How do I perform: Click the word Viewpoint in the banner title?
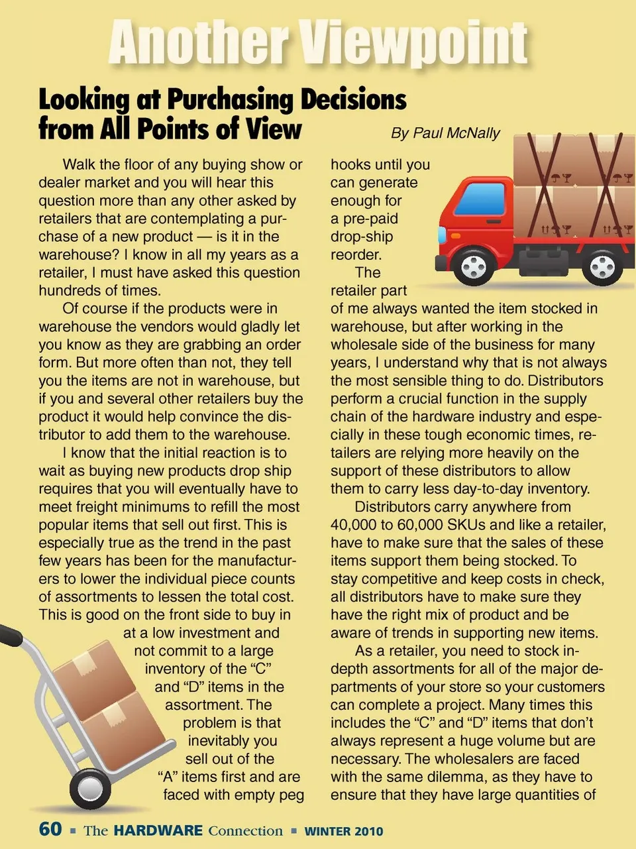coord(415,42)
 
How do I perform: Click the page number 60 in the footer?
coord(50,829)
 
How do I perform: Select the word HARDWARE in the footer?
coord(158,830)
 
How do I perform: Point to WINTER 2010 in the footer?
coord(343,831)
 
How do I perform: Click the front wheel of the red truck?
coord(474,266)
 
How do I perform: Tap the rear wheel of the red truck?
coord(602,266)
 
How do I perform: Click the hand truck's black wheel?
coord(90,788)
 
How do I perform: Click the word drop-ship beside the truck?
coord(362,237)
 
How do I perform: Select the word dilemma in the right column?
coord(464,777)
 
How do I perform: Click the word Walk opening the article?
coord(79,164)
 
